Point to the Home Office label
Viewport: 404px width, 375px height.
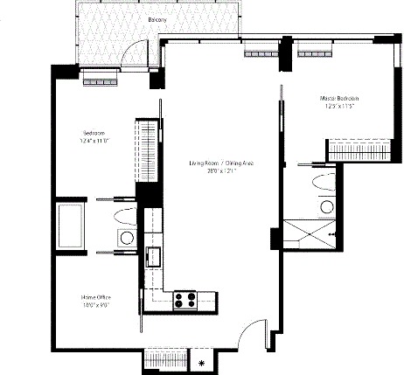[x=96, y=301]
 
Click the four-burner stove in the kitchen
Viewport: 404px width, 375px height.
[x=185, y=300]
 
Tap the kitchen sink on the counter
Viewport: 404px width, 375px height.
[x=155, y=256]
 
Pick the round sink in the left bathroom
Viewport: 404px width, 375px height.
[x=127, y=238]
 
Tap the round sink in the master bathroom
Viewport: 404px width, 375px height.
[x=326, y=206]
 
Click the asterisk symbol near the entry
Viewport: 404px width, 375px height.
[x=202, y=362]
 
